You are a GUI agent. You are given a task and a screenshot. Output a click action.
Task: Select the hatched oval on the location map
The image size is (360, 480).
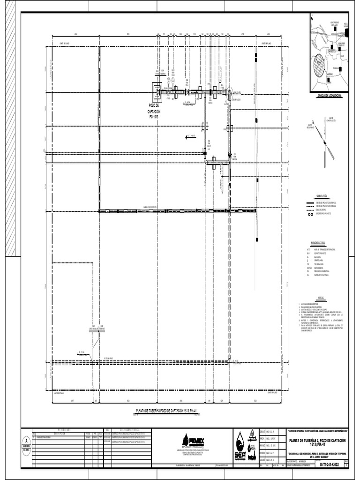tap(319, 65)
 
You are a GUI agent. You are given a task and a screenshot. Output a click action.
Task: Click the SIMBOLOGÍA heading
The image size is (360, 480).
tap(324, 195)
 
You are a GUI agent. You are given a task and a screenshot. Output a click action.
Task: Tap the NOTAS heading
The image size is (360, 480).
tap(321, 298)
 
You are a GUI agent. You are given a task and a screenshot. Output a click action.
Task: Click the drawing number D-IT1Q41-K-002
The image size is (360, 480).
tap(329, 464)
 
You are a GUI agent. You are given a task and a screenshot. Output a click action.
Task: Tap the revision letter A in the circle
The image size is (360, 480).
tap(26, 441)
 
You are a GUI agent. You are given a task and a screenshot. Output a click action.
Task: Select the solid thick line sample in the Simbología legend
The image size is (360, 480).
tap(310, 202)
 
